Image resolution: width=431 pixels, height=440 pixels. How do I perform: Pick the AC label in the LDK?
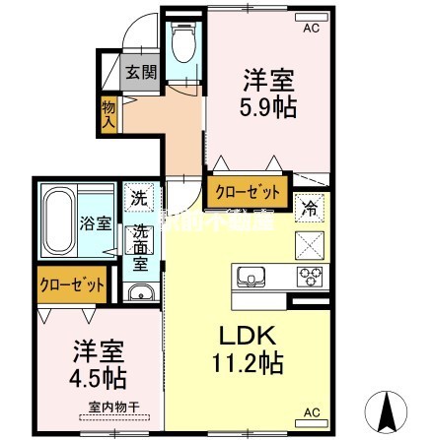[x=311, y=411]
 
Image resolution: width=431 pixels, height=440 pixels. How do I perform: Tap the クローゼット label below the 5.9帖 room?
[x=247, y=190]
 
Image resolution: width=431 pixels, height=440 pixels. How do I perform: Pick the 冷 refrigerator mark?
[x=310, y=208]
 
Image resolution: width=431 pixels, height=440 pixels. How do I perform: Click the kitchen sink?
[x=249, y=275]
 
